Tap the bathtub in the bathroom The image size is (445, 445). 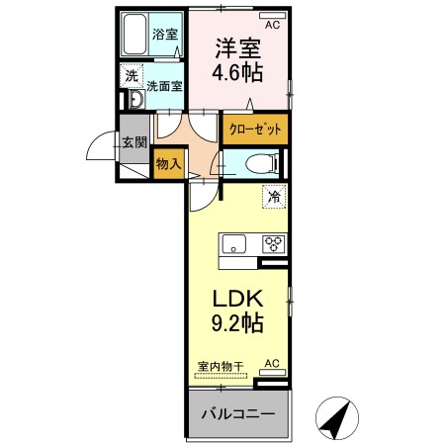coord(135,36)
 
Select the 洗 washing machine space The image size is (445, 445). coord(131,75)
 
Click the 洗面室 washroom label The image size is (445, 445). coord(165,86)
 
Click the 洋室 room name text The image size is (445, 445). coord(237,47)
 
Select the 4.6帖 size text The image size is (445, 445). coord(238,72)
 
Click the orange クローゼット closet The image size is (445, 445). coord(253,129)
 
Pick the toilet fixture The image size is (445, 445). coord(260,163)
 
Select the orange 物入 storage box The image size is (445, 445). coord(168,165)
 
